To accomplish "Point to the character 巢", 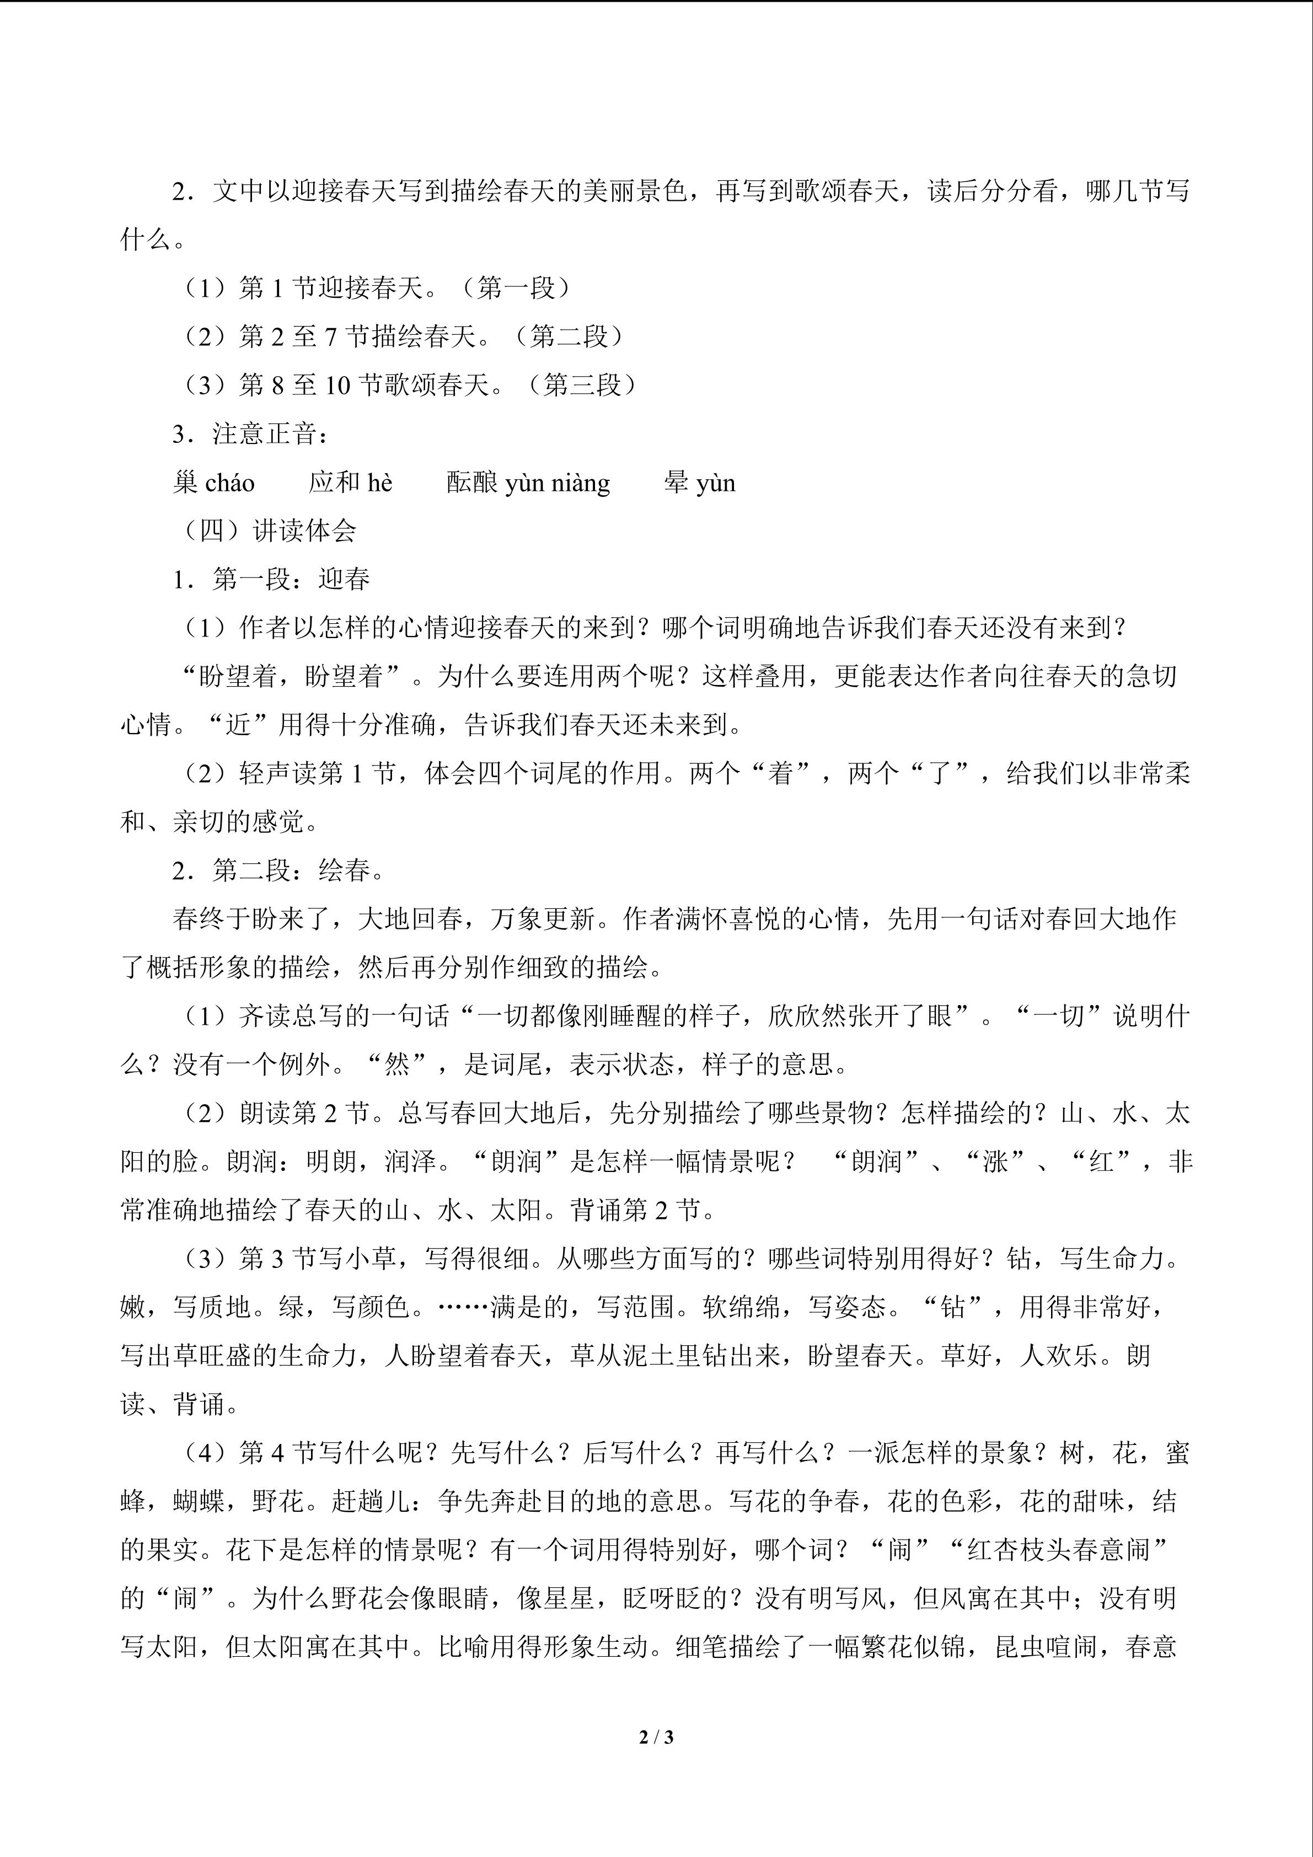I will pos(185,483).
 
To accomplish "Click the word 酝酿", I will pos(472,483).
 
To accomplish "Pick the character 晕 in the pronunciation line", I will pos(676,483).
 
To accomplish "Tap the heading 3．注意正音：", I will pos(251,434).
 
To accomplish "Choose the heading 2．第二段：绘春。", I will pos(279,870).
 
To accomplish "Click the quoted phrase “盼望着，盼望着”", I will pos(292,676).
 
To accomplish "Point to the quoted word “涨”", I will pos(994,1162).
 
